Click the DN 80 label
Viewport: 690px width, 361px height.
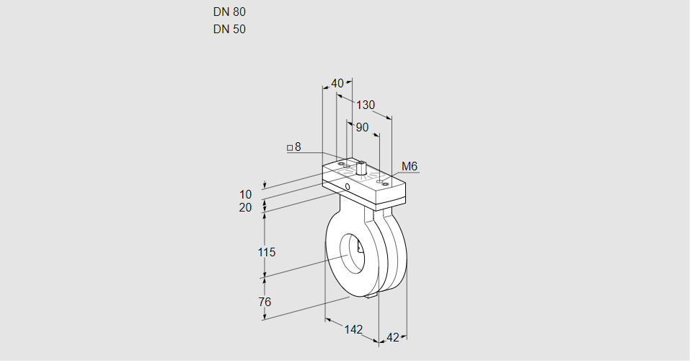(x=229, y=12)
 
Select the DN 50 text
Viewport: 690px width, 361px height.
(x=229, y=29)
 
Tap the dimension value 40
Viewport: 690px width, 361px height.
(x=337, y=83)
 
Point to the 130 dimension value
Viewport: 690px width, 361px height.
(x=366, y=105)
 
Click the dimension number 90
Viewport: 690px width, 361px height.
(x=362, y=127)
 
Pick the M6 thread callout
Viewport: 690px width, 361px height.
(x=410, y=166)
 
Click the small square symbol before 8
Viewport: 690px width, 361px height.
(x=290, y=148)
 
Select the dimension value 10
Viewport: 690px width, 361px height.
(x=246, y=194)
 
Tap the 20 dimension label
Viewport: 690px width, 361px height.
(x=245, y=208)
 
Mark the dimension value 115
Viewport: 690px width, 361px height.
(x=266, y=252)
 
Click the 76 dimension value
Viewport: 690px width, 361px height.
(x=265, y=302)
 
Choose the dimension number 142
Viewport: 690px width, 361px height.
(x=353, y=329)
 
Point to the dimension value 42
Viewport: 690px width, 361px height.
(x=392, y=338)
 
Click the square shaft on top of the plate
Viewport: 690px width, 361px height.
(x=361, y=168)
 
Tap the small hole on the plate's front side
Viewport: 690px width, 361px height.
(x=348, y=187)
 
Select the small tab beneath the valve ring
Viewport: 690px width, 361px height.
(x=371, y=296)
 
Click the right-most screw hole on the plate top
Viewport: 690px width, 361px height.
(x=386, y=184)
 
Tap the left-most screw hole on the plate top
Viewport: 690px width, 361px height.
(x=342, y=163)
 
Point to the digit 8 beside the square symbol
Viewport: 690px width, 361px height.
(x=298, y=147)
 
